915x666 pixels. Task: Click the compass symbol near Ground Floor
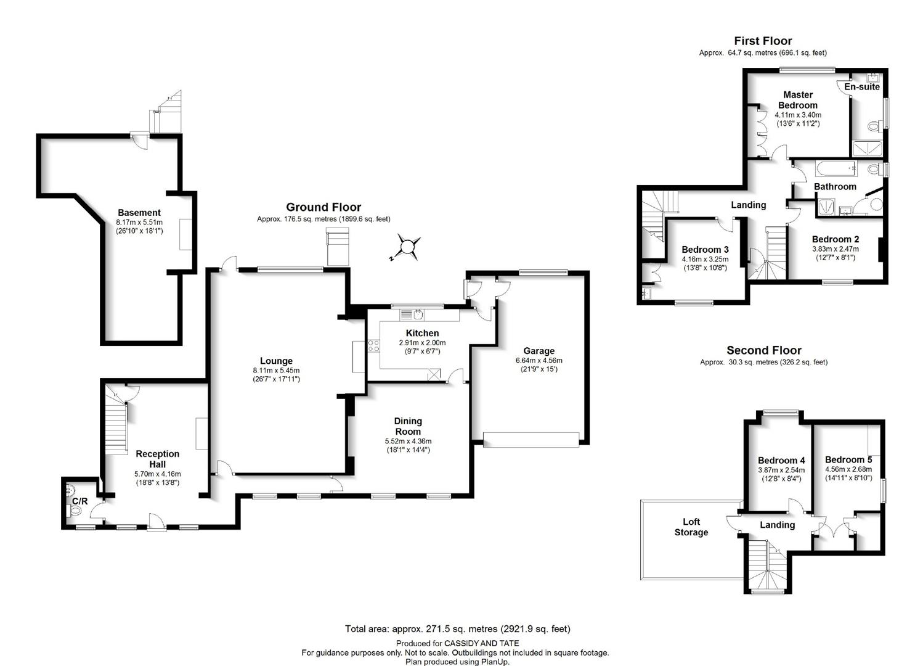[x=407, y=247]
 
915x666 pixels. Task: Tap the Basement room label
[x=139, y=213]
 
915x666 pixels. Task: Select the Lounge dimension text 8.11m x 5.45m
[x=276, y=371]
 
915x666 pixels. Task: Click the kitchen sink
[x=418, y=314]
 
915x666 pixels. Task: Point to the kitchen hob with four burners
[x=373, y=346]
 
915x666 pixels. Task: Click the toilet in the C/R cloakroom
[x=74, y=510]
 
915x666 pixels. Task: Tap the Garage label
[x=539, y=351]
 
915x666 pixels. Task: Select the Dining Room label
[x=408, y=426]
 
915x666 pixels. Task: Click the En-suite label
[x=862, y=87]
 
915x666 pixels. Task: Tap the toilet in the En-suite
[x=873, y=127]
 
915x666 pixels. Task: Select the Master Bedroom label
[x=798, y=100]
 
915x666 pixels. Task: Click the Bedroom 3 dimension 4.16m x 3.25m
[x=705, y=259]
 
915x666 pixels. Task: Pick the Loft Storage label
[x=691, y=527]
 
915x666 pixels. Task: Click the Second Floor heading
[x=764, y=350]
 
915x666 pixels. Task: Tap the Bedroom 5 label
[x=848, y=459]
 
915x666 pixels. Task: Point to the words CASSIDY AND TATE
[x=482, y=644]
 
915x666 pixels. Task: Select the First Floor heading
[x=763, y=41]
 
